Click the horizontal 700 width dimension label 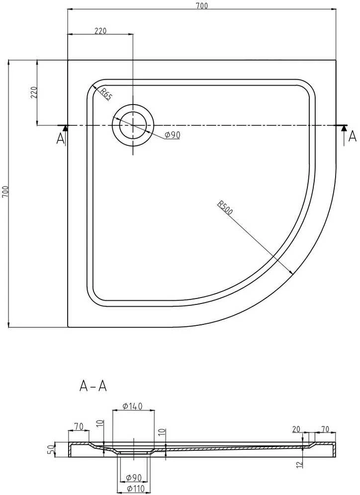(201, 5)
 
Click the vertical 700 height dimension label (6, 192)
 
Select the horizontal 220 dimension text (100, 31)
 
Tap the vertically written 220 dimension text (34, 93)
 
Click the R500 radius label (225, 207)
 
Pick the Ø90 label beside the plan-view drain (172, 135)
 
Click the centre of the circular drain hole (133, 125)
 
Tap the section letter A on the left (60, 138)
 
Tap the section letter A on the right (353, 136)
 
